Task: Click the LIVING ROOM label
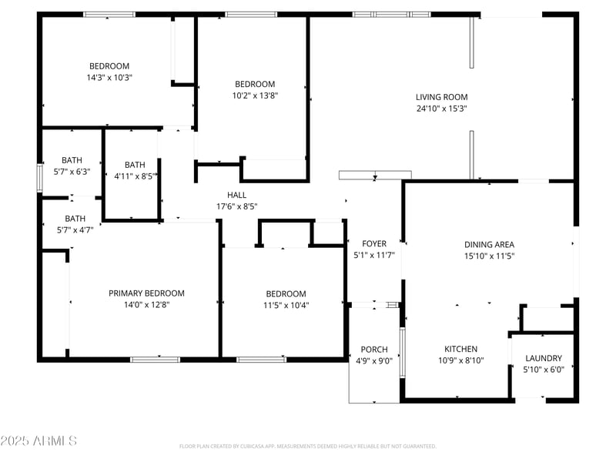441,97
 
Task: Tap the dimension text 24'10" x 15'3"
441,109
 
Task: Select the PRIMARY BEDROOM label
146,293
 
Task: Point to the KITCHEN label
460,349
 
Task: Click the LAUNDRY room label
544,358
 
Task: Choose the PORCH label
374,350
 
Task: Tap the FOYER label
374,243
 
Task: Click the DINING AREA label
489,244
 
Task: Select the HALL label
237,195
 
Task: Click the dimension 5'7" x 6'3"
72,172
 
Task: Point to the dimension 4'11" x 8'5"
136,176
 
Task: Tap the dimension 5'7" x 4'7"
75,230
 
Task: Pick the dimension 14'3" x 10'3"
109,78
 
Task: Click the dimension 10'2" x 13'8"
255,95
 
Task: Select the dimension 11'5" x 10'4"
286,305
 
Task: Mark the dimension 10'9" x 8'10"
460,360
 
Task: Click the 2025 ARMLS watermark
38,440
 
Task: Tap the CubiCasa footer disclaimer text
307,447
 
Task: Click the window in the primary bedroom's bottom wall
156,360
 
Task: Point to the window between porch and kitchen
402,353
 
